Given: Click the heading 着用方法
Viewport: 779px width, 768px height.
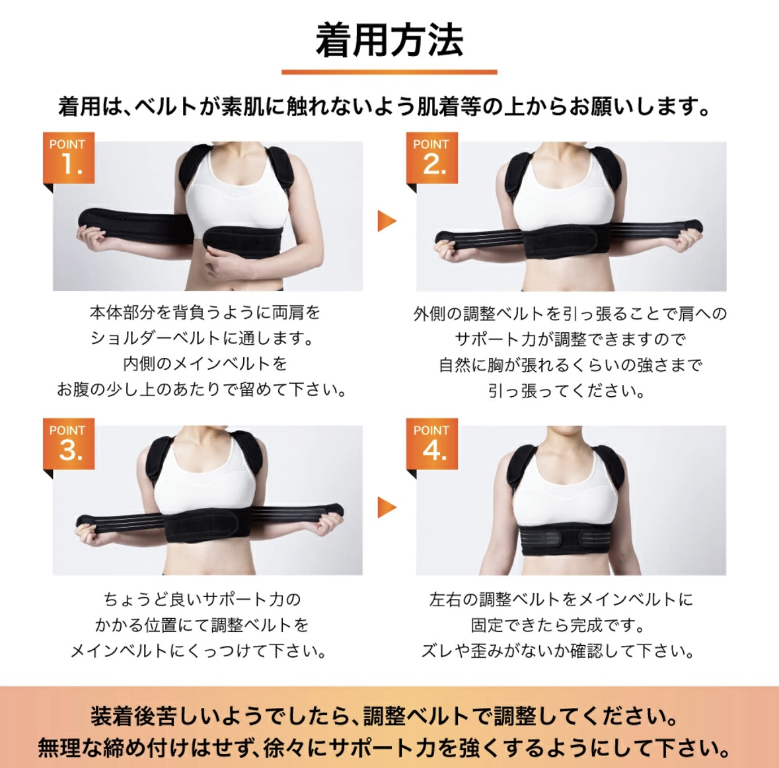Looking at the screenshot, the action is pyautogui.click(x=390, y=40).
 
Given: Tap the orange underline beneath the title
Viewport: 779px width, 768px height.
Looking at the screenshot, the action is pyautogui.click(x=390, y=72).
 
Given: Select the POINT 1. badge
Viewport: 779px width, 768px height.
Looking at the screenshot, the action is pyautogui.click(x=69, y=158).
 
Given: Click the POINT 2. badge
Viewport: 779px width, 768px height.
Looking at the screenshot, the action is pyautogui.click(x=431, y=158).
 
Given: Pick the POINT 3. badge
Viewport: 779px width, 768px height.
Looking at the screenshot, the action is pyautogui.click(x=69, y=444).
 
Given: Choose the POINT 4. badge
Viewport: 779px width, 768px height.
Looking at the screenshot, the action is pyautogui.click(x=431, y=444).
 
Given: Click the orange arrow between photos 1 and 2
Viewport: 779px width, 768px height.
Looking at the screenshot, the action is pyautogui.click(x=387, y=221).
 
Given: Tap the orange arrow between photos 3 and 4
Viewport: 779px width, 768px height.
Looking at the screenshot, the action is pyautogui.click(x=387, y=507).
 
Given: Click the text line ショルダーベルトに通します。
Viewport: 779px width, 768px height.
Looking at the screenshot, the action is pyautogui.click(x=203, y=338).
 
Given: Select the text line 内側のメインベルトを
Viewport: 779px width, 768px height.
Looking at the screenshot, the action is pyautogui.click(x=205, y=364).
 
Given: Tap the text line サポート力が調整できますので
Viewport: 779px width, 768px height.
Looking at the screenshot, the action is pyautogui.click(x=570, y=339).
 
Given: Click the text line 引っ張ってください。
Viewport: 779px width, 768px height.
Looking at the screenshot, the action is pyautogui.click(x=567, y=391).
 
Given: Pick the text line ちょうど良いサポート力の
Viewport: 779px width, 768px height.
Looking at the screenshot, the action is pyautogui.click(x=202, y=599).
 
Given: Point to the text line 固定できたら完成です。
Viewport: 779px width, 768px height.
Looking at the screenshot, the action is pyautogui.click(x=558, y=625).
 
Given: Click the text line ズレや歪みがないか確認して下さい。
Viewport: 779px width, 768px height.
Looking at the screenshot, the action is pyautogui.click(x=558, y=651).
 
